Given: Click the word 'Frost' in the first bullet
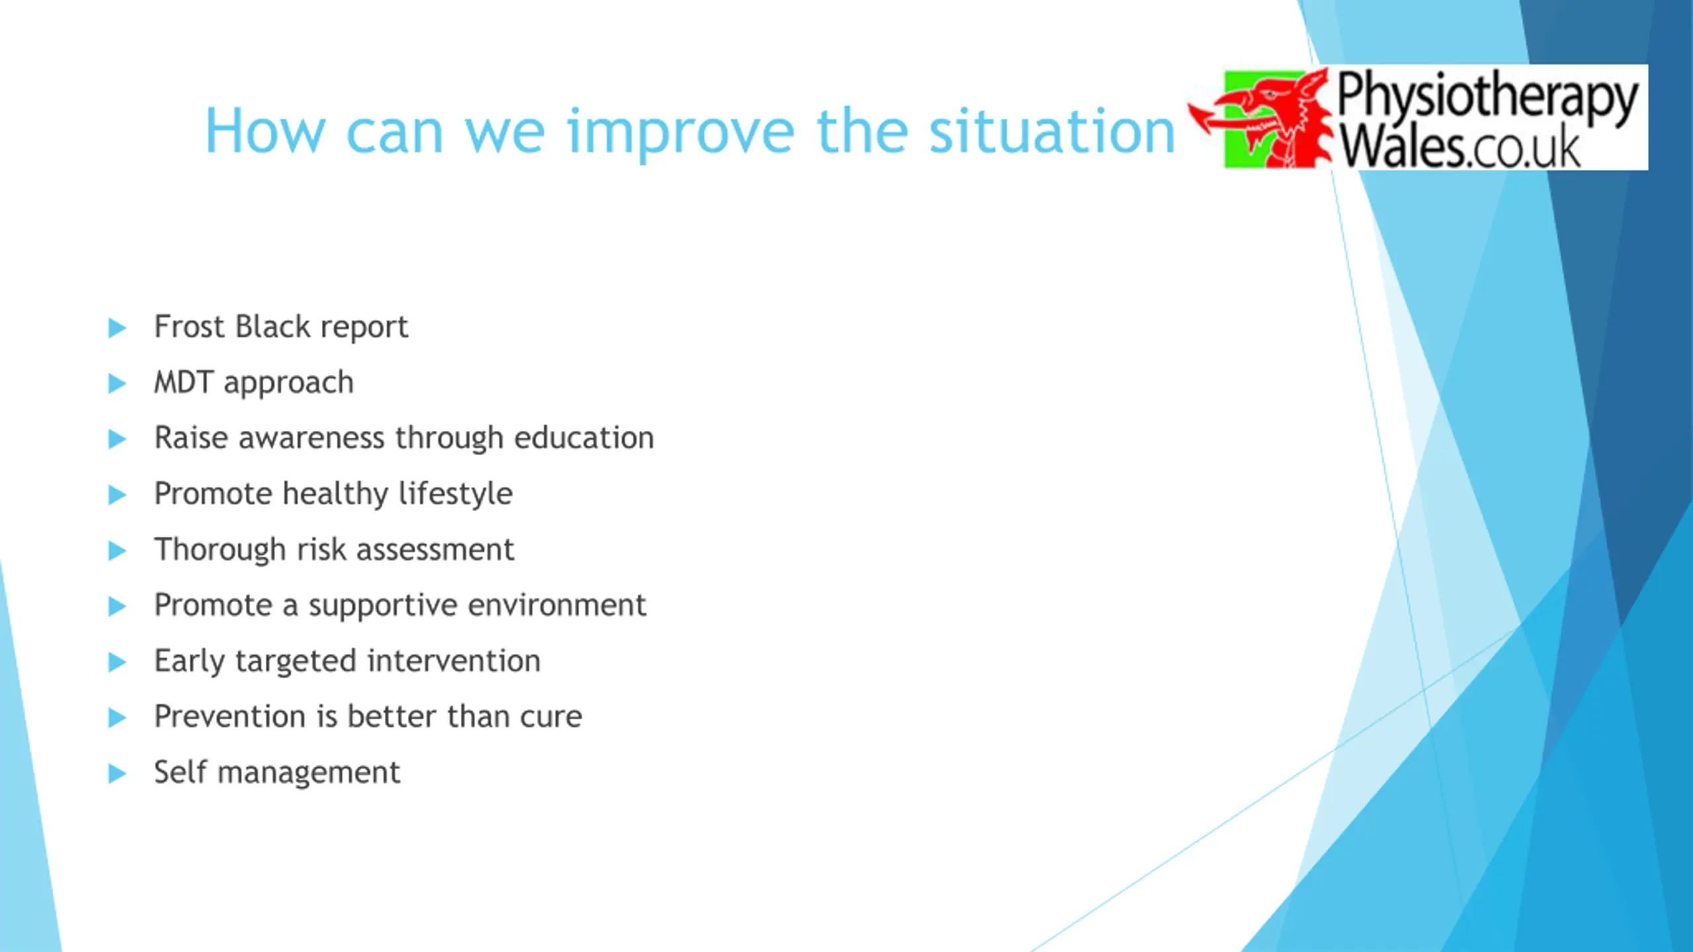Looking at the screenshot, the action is coord(190,326).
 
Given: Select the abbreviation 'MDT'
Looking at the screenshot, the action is coord(183,382).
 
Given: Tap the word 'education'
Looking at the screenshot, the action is coord(584,438).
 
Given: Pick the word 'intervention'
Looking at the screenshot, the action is coord(454,660).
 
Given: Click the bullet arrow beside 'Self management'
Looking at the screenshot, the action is coord(117,773).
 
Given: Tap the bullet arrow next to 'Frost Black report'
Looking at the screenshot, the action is coord(117,328).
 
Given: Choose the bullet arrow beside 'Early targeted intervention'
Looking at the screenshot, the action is coord(117,662).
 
